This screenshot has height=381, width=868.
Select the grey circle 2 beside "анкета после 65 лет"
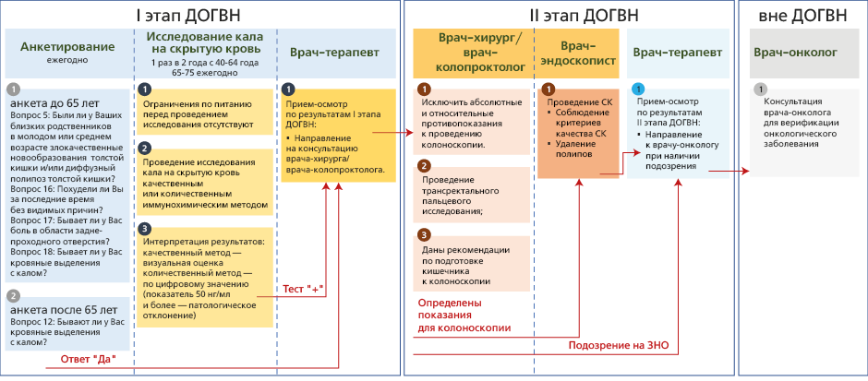[13, 296]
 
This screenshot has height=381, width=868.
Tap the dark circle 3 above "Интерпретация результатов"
[144, 228]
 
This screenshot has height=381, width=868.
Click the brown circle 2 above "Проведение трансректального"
[424, 166]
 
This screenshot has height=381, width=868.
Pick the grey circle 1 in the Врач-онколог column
[760, 89]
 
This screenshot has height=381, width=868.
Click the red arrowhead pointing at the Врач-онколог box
[746, 171]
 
